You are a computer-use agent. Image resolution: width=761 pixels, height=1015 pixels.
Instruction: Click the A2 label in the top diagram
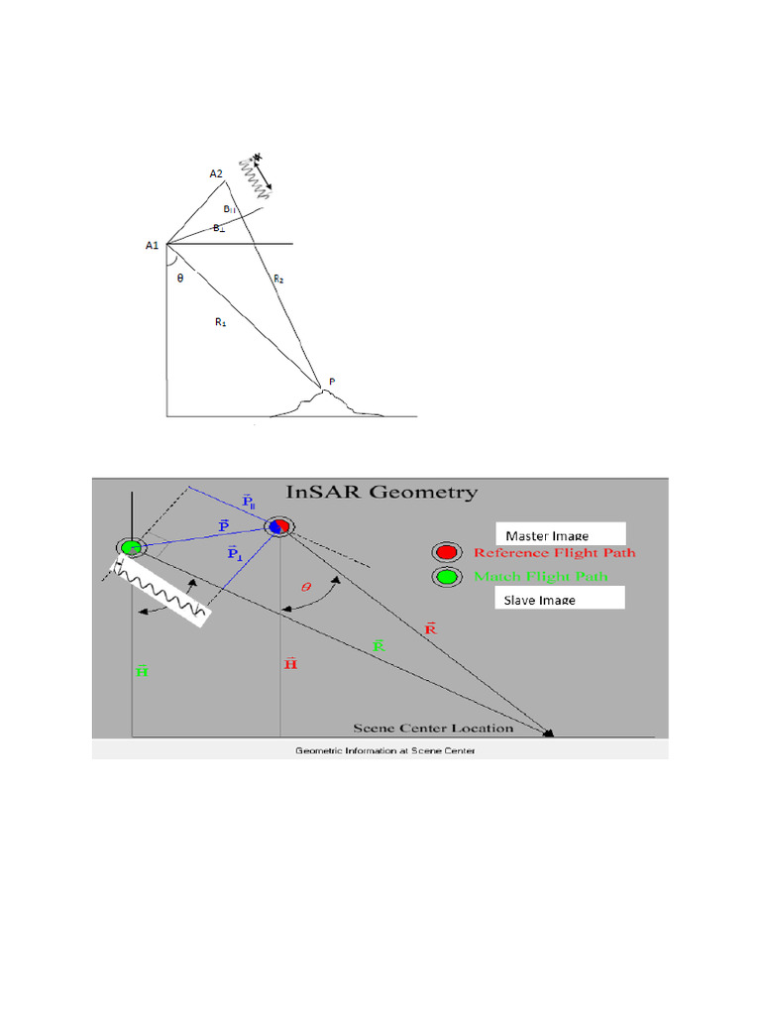coord(216,174)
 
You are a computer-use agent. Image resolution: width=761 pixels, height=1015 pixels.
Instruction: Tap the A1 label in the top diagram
coord(153,245)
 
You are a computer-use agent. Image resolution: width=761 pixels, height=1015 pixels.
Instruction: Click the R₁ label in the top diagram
coord(220,321)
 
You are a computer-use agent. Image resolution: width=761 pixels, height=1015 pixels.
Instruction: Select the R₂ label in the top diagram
coord(278,280)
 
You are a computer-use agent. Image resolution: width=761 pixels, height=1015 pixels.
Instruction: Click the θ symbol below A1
coord(179,279)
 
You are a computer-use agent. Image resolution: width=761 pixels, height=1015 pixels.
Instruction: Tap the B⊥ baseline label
coord(219,228)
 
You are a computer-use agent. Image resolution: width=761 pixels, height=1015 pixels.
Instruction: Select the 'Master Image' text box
coord(561,535)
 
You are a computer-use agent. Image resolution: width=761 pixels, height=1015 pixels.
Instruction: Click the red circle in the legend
coord(446,553)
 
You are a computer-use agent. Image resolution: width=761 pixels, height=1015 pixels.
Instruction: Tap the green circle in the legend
coord(446,577)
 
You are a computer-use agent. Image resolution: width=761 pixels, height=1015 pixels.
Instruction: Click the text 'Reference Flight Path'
coord(554,553)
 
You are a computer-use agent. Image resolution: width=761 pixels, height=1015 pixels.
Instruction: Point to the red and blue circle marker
coord(278,526)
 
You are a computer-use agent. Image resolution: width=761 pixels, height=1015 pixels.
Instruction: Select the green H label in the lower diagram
coord(142,671)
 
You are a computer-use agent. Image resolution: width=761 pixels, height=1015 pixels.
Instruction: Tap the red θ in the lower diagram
coord(305,587)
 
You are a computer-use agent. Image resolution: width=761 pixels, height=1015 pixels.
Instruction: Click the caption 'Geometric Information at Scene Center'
coord(385,751)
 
